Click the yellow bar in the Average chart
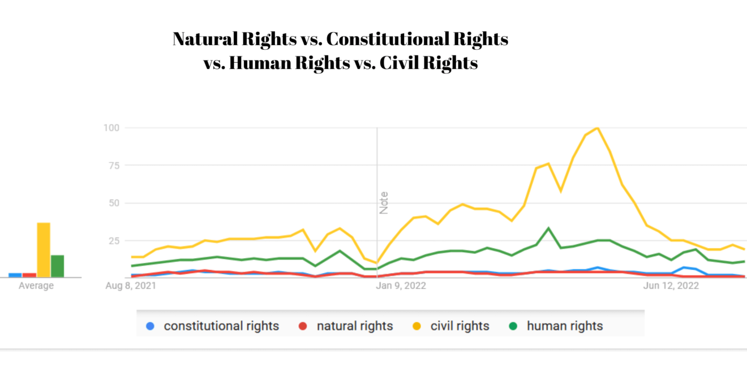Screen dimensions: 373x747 pos(44,250)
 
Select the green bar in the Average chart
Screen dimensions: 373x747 pos(57,266)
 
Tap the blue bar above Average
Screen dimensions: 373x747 pos(15,275)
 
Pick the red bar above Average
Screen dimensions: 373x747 pos(29,275)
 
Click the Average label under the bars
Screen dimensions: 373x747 pos(36,286)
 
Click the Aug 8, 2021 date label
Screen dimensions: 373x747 pos(131,286)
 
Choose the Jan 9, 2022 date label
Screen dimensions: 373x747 pos(401,286)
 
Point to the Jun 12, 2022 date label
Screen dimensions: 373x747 pos(671,286)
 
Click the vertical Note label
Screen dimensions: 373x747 pos(384,203)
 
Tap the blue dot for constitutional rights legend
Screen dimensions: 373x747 pos(150,326)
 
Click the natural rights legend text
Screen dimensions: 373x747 pos(355,326)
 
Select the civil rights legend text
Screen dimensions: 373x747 pos(460,326)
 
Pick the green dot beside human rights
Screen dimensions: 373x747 pos(513,326)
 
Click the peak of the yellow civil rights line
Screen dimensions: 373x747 pos(597,128)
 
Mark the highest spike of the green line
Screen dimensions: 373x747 pos(548,228)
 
